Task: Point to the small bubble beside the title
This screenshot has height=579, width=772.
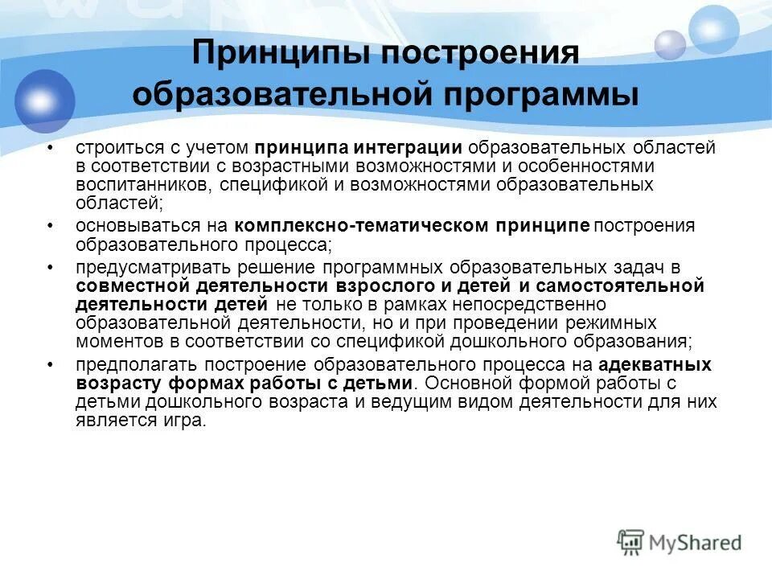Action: coord(669,44)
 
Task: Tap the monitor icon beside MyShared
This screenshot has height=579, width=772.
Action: coord(631,541)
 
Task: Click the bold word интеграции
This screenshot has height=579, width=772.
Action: coord(419,149)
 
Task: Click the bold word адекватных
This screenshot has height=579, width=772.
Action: coord(655,364)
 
